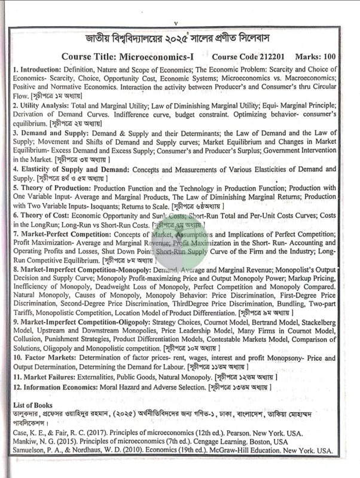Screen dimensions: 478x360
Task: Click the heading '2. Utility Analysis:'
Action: point(44,105)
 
